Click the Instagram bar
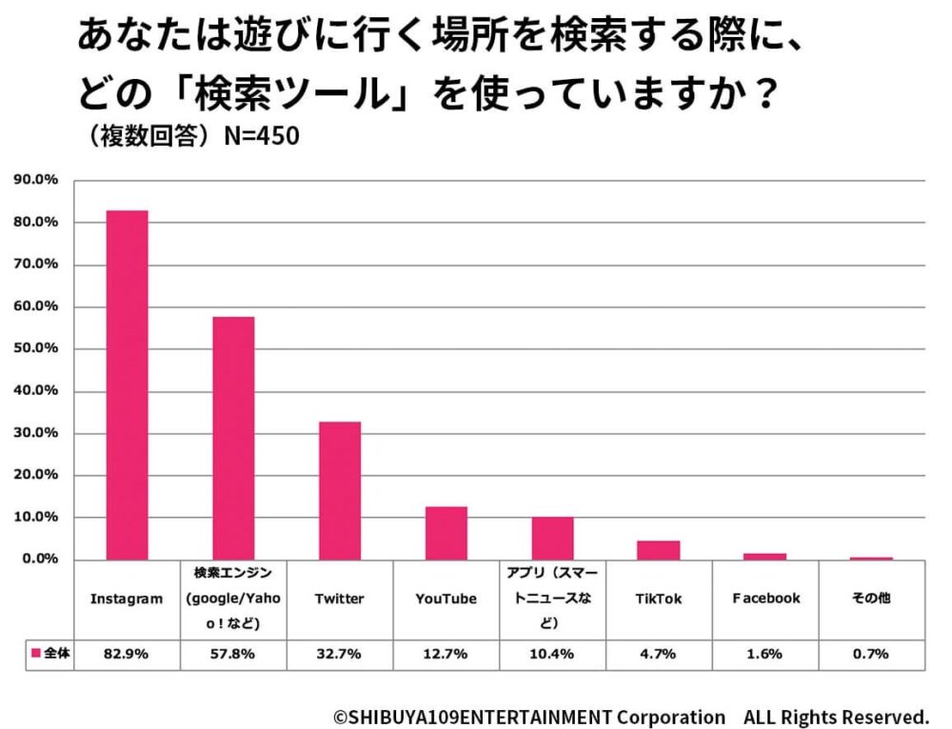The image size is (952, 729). click(127, 385)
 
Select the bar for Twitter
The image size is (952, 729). click(340, 490)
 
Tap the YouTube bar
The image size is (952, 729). click(446, 533)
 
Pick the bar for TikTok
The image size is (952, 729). click(659, 550)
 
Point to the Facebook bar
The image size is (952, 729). click(765, 556)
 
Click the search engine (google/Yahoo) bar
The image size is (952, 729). click(233, 438)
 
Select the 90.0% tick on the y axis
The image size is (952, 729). click(35, 180)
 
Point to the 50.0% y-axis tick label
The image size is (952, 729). click(35, 348)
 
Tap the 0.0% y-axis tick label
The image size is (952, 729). click(39, 560)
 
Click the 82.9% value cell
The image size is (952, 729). click(127, 654)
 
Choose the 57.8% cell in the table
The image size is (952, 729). click(233, 654)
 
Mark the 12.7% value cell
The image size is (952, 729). click(446, 654)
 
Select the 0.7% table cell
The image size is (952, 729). click(871, 654)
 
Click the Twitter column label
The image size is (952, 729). click(340, 600)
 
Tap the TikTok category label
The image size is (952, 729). click(659, 600)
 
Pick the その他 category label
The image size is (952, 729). click(871, 600)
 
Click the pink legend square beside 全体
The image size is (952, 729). click(36, 654)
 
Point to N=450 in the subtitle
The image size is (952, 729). click(261, 137)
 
